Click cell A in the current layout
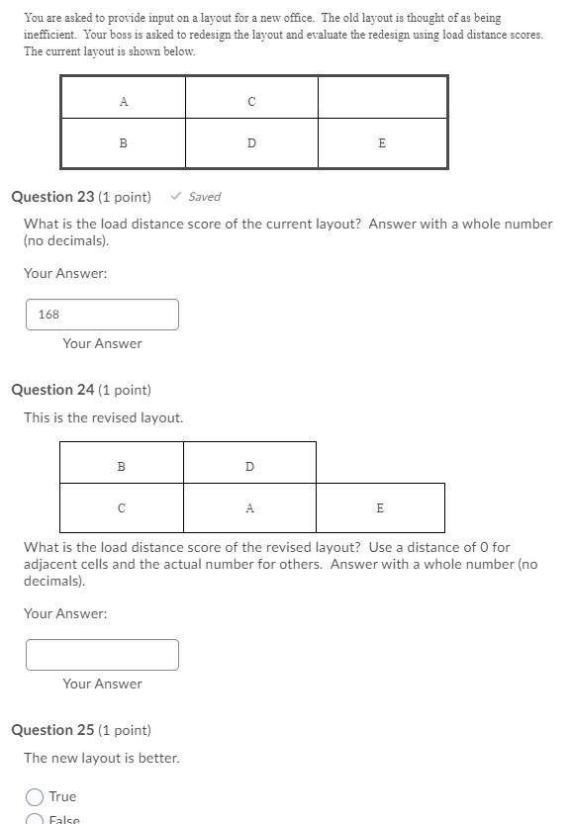coord(123,100)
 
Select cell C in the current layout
coord(251,100)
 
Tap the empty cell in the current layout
coord(382,98)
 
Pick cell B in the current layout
coord(123,143)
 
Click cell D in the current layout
coord(251,143)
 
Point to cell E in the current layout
coord(382,143)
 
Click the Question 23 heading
coord(81,197)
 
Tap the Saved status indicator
coord(196,197)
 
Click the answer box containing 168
coord(102,315)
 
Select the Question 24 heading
coord(81,390)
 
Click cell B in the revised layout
coord(122,466)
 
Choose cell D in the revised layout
coord(249,466)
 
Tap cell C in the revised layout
coord(122,508)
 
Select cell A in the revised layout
coord(249,508)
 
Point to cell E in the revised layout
coord(380,508)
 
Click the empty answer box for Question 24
coord(102,655)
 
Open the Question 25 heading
coord(81,730)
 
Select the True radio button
coord(35,796)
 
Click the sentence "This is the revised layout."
coord(103,417)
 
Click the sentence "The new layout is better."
coord(101,758)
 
